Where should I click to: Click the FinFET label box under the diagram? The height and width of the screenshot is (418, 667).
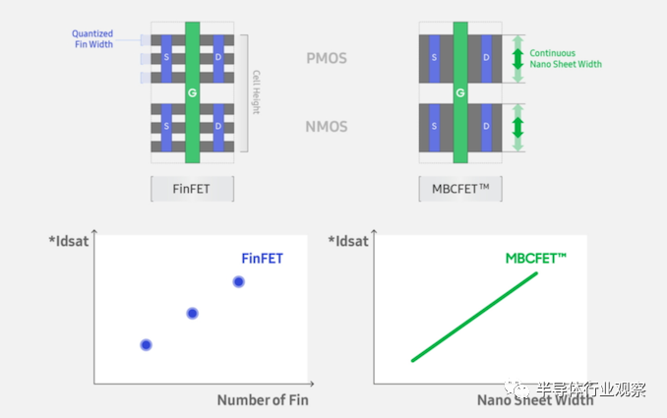[x=192, y=188]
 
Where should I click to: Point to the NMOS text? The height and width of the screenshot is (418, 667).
[x=326, y=127]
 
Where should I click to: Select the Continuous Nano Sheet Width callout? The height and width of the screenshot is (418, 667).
[x=565, y=59]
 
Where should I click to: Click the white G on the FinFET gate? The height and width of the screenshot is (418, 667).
[x=193, y=91]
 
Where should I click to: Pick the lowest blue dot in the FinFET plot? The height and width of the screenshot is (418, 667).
[x=146, y=344]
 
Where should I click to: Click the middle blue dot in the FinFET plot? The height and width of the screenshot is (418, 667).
[x=193, y=313]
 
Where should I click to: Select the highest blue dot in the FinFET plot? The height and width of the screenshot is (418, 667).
[x=238, y=281]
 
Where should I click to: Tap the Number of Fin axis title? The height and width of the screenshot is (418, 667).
[x=263, y=399]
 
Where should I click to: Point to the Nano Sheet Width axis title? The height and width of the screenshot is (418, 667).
[x=535, y=399]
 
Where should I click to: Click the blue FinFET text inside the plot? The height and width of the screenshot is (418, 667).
[x=263, y=259]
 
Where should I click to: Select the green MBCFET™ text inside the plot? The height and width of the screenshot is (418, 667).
[x=535, y=259]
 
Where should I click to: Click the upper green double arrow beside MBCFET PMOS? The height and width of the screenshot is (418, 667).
[x=516, y=59]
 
